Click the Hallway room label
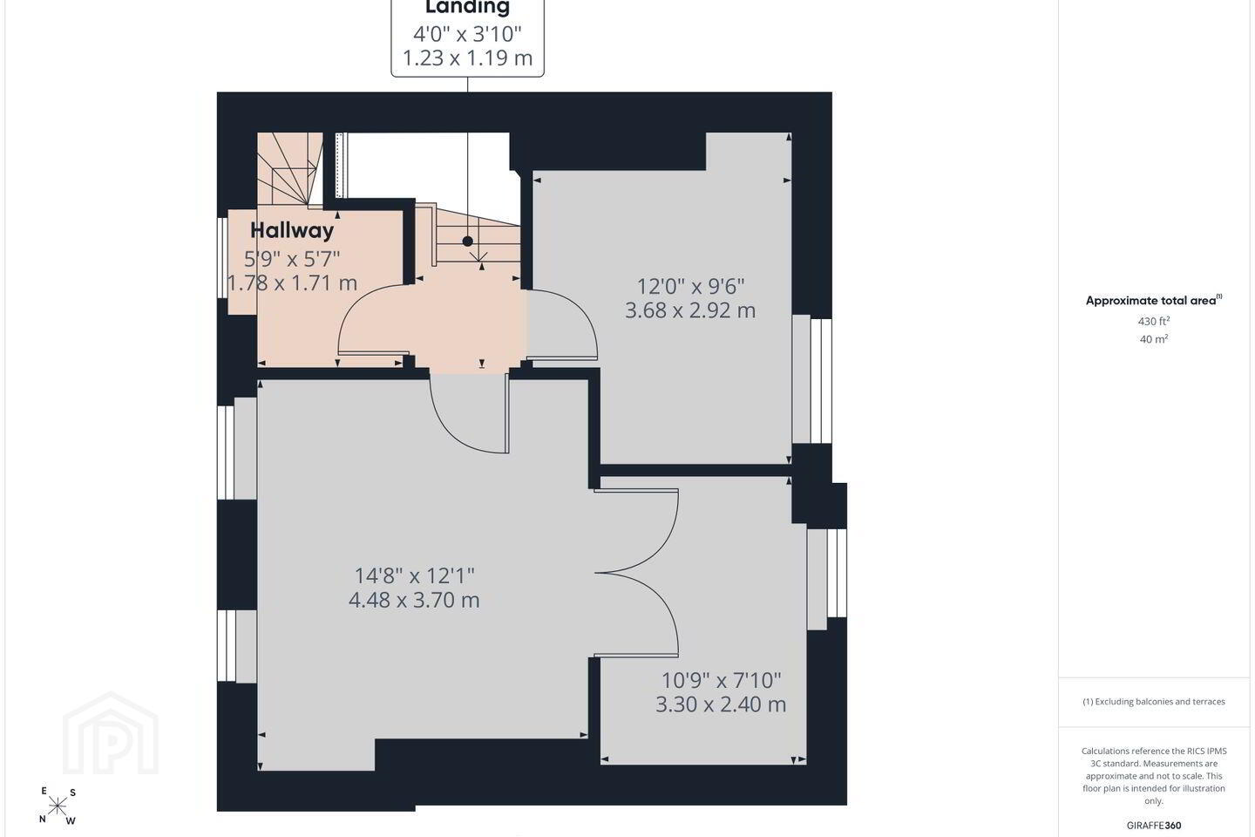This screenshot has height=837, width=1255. (x=292, y=230)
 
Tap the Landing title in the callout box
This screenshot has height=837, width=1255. (x=467, y=7)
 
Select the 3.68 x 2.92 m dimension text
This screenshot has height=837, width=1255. (x=690, y=310)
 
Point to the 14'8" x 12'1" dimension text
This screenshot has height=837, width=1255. (x=415, y=575)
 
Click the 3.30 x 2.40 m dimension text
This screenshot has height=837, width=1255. (x=721, y=704)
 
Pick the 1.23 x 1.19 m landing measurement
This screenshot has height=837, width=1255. (x=467, y=58)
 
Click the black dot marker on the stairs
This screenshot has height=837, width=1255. (x=467, y=241)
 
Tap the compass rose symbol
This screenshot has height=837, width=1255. (x=58, y=806)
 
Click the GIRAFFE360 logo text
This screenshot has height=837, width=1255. (x=1154, y=825)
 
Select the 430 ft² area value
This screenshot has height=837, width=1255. (x=1154, y=321)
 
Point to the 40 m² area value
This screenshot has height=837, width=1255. (x=1154, y=339)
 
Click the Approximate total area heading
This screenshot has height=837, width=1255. (x=1154, y=301)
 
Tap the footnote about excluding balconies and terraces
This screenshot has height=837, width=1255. (x=1154, y=701)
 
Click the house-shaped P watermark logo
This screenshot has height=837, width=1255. (x=111, y=733)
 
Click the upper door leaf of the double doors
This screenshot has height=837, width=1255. (x=636, y=530)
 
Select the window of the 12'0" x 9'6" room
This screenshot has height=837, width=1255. (x=812, y=380)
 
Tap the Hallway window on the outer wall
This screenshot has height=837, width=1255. (x=222, y=258)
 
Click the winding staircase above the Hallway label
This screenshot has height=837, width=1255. (x=290, y=169)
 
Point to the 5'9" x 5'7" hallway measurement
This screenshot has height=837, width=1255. (x=292, y=259)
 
